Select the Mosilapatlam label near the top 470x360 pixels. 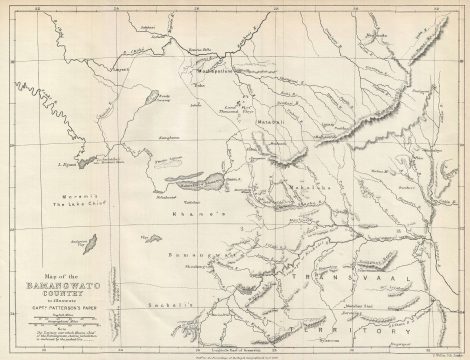tap(214, 72)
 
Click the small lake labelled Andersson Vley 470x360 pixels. tap(88, 244)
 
